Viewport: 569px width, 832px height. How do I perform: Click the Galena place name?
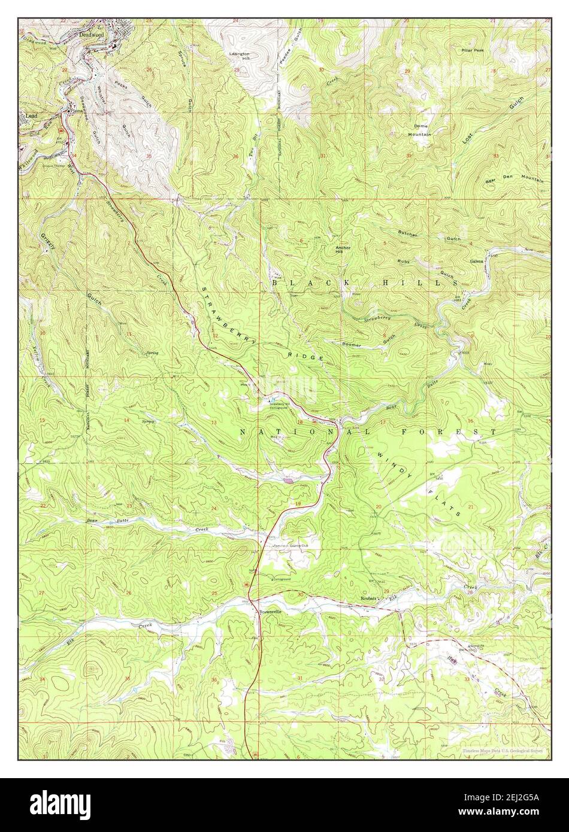click(x=476, y=262)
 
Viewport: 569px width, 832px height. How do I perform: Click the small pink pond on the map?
click(x=289, y=478)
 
